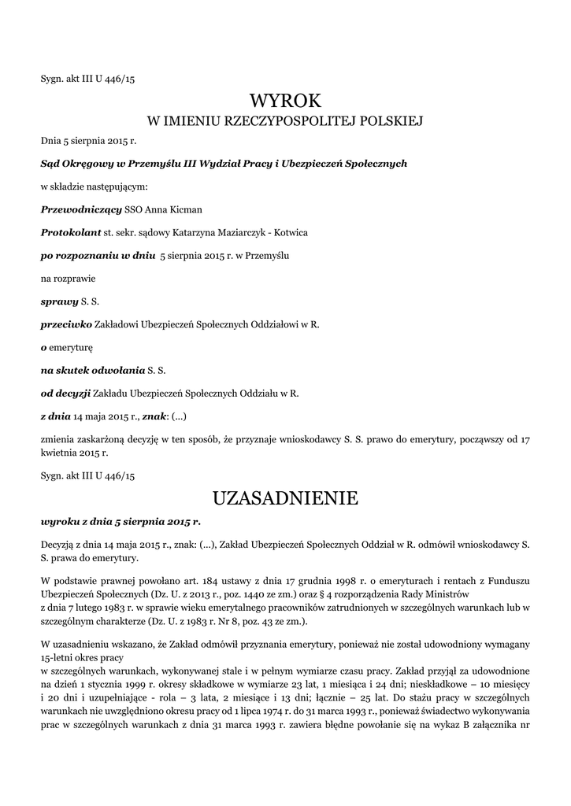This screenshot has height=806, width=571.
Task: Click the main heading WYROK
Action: (285, 101)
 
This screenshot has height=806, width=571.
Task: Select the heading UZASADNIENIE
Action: (285, 498)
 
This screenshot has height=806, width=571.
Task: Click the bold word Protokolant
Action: (71, 233)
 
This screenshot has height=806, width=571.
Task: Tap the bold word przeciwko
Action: (66, 324)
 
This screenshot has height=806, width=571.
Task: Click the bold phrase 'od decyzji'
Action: (66, 392)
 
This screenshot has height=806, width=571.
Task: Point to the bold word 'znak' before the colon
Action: (154, 415)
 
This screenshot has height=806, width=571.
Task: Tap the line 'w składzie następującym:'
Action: (94, 187)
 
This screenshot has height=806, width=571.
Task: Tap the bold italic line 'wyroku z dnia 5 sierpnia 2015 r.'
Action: (121, 521)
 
